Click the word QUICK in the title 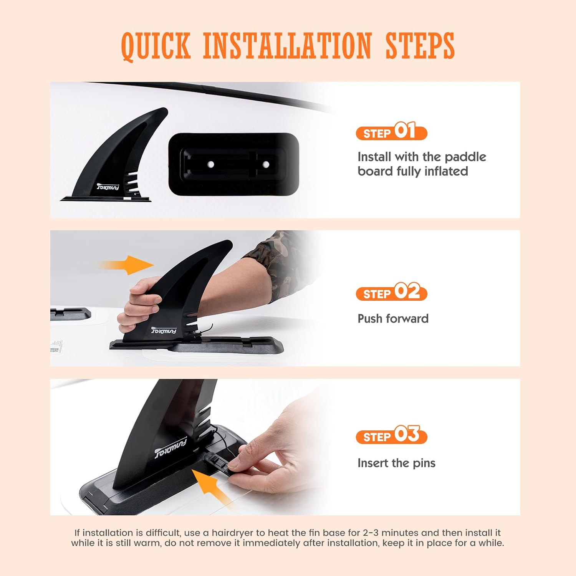156,46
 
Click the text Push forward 393,318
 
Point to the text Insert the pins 396,463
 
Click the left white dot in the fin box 210,164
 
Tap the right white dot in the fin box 265,164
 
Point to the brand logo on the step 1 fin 108,187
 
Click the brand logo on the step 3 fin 170,448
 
